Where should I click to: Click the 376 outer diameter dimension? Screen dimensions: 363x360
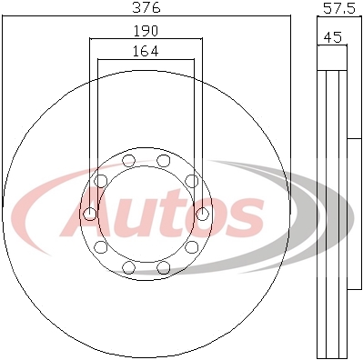click(x=146, y=7)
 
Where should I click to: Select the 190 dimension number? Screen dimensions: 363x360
click(x=146, y=31)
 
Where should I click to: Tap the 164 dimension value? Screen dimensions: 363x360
click(x=146, y=51)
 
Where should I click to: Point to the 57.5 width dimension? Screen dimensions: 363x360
click(x=338, y=8)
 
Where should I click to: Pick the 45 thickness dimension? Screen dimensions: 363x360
click(x=333, y=37)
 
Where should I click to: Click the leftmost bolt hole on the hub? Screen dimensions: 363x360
click(x=90, y=214)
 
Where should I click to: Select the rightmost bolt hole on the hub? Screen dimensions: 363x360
click(x=202, y=214)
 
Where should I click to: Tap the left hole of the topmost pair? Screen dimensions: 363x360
click(x=128, y=161)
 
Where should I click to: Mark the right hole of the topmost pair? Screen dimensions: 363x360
click(x=164, y=161)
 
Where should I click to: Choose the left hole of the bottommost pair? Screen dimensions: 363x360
click(x=128, y=267)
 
